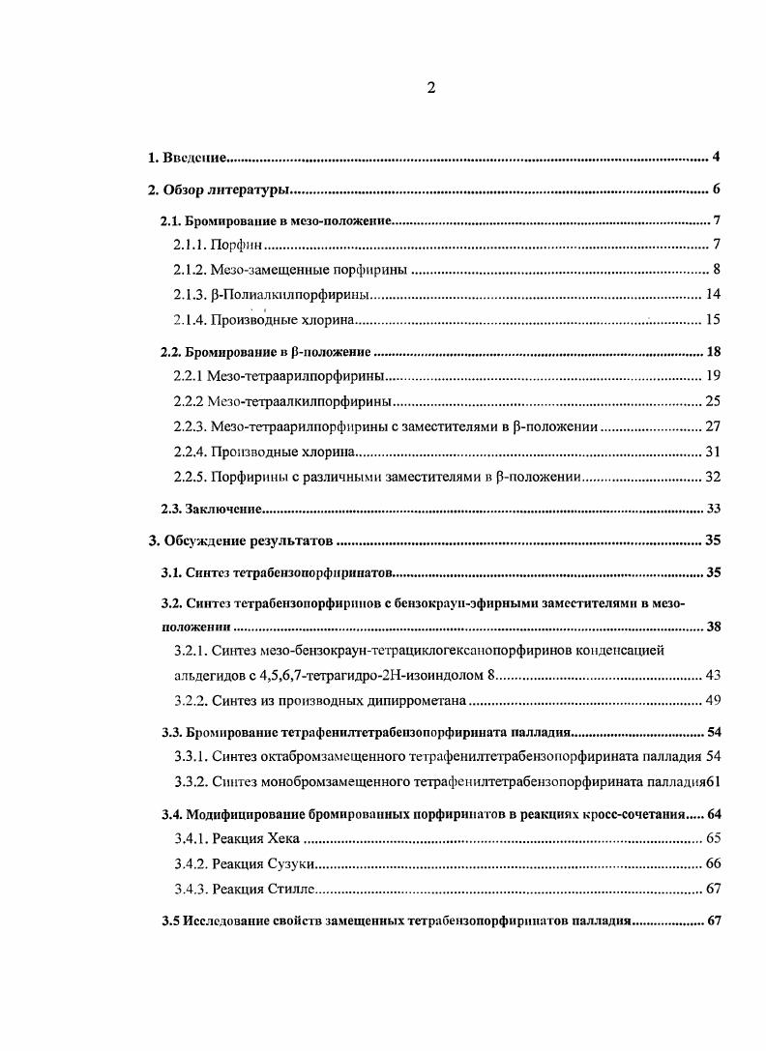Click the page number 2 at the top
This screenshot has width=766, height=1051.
(x=431, y=88)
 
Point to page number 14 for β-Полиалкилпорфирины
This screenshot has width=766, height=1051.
(x=713, y=294)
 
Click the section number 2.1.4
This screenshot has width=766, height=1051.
(x=190, y=319)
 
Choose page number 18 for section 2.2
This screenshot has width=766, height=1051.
(x=713, y=351)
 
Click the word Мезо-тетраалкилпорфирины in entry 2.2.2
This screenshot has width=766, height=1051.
(x=301, y=400)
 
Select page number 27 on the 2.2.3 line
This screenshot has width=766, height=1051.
(x=713, y=425)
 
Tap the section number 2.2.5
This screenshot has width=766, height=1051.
(x=190, y=476)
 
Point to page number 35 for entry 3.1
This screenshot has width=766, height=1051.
(x=714, y=572)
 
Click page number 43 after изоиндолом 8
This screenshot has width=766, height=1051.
(x=713, y=675)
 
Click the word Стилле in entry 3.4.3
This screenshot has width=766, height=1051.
(x=289, y=889)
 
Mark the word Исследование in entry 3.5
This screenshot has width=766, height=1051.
(x=225, y=920)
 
